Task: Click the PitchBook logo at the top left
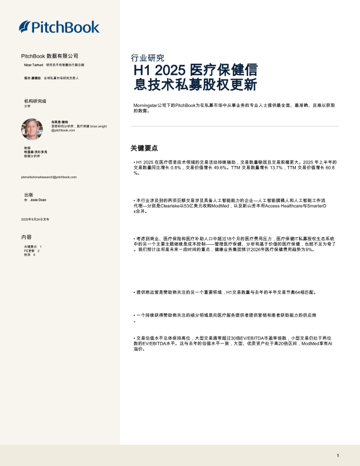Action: [54, 26]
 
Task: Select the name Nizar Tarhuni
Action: [33, 64]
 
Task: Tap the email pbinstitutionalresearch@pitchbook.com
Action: [49, 177]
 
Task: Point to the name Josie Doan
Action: [38, 200]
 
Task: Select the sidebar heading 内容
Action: [26, 237]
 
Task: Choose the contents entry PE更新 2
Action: [32, 251]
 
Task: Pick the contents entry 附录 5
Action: [30, 255]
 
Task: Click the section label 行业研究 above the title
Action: [147, 58]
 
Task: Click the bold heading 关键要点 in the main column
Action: [144, 148]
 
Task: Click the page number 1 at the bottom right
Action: [338, 455]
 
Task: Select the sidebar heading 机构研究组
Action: [35, 101]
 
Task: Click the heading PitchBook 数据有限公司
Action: [49, 55]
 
